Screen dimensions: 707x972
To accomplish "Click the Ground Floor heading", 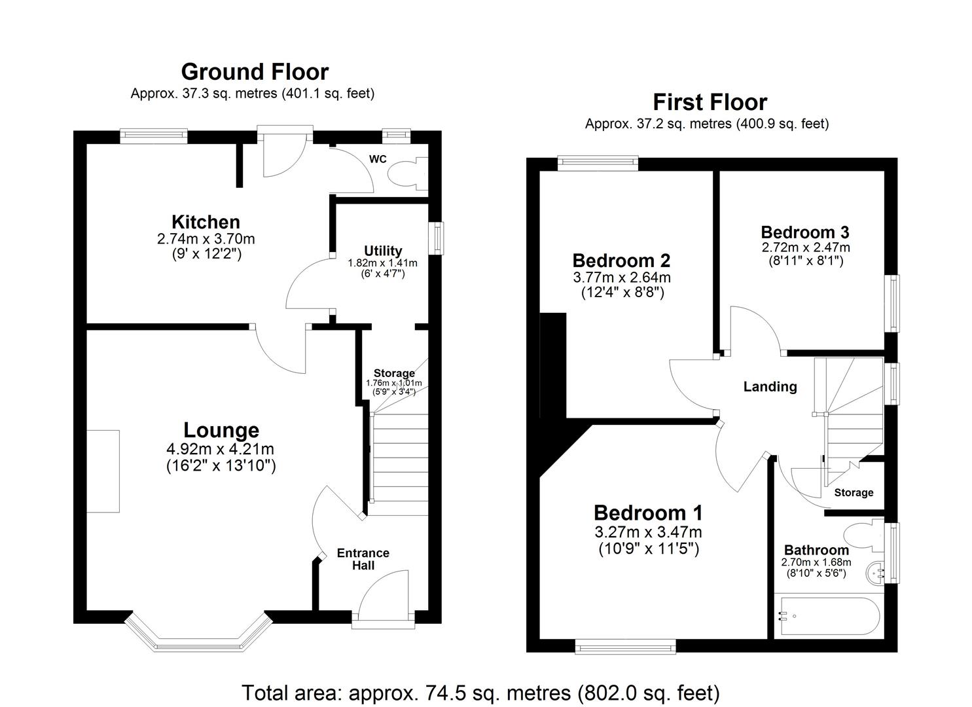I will pyautogui.click(x=255, y=71).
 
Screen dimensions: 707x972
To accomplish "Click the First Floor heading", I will pyautogui.click(x=710, y=102).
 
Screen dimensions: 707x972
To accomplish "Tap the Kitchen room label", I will pyautogui.click(x=206, y=222).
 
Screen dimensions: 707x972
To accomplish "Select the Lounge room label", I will pyautogui.click(x=221, y=430).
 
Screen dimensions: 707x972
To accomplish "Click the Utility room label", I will pyautogui.click(x=383, y=251).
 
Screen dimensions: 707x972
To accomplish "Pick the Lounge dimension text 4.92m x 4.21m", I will pyautogui.click(x=221, y=449).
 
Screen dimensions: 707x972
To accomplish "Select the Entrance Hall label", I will pyautogui.click(x=363, y=559).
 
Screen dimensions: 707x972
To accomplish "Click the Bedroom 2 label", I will pyautogui.click(x=621, y=261).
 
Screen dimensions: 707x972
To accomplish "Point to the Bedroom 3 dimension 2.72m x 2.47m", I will pyautogui.click(x=805, y=247).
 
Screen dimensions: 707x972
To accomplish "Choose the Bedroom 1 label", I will pyautogui.click(x=648, y=513).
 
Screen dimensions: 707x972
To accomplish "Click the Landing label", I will pyautogui.click(x=770, y=387).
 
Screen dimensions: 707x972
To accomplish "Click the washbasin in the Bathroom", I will pyautogui.click(x=875, y=573).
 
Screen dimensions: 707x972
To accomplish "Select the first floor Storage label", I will pyautogui.click(x=854, y=492).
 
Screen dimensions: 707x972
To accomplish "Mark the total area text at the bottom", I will pyautogui.click(x=481, y=692).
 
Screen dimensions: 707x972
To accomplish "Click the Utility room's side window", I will pyautogui.click(x=436, y=238).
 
